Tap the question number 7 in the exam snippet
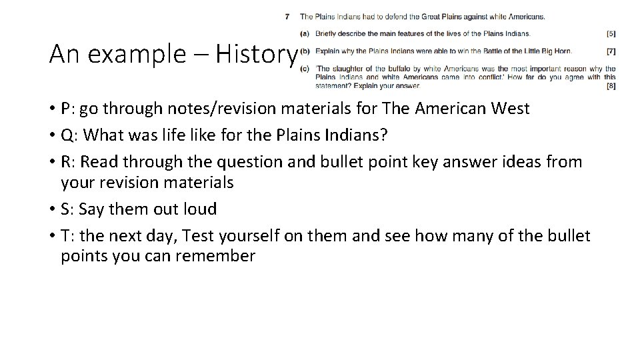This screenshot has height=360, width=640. click(x=287, y=16)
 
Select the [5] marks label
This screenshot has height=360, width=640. click(x=611, y=33)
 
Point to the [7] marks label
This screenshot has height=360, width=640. click(x=611, y=51)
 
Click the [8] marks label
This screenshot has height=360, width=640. click(x=611, y=86)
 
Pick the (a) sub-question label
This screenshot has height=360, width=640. click(x=305, y=33)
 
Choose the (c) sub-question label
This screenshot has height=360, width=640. click(x=305, y=67)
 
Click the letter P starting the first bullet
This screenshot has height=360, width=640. click(x=65, y=109)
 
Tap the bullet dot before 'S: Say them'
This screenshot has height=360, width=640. click(x=52, y=209)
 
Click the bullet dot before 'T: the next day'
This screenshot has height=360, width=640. click(x=52, y=235)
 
